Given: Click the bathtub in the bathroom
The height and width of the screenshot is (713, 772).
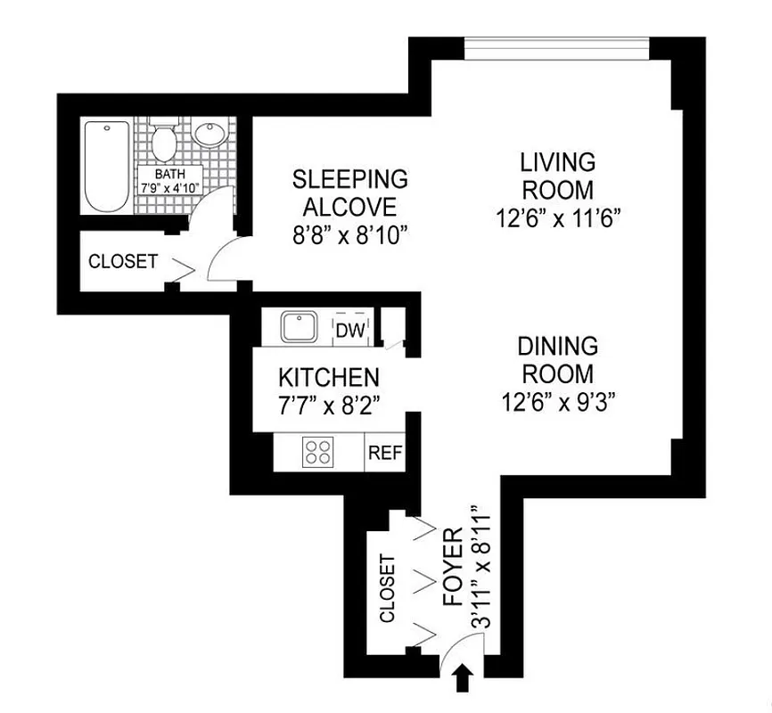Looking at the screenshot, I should tap(106, 166).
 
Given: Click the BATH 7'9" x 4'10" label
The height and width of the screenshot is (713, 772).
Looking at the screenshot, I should tap(168, 181).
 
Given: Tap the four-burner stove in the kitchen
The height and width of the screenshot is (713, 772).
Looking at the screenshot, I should tap(316, 451).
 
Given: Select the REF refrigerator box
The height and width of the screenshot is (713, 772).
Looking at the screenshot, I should tap(385, 453).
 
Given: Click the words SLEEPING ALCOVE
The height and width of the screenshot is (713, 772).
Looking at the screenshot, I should tap(350, 193).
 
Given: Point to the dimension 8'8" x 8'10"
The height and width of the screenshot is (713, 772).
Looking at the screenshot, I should tap(350, 236).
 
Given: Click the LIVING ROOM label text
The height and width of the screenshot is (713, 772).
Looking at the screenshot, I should tap(558, 176).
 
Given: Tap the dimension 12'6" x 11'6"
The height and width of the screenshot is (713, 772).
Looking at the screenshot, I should tap(558, 218).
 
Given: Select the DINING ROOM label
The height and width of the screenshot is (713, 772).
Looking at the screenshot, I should tap(558, 358).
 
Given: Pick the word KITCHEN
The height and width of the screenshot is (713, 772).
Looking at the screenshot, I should tap(329, 377).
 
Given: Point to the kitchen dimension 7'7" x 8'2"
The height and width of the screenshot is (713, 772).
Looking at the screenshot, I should tap(329, 406).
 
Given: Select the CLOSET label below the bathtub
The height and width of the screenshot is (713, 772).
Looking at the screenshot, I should tap(123, 262).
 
